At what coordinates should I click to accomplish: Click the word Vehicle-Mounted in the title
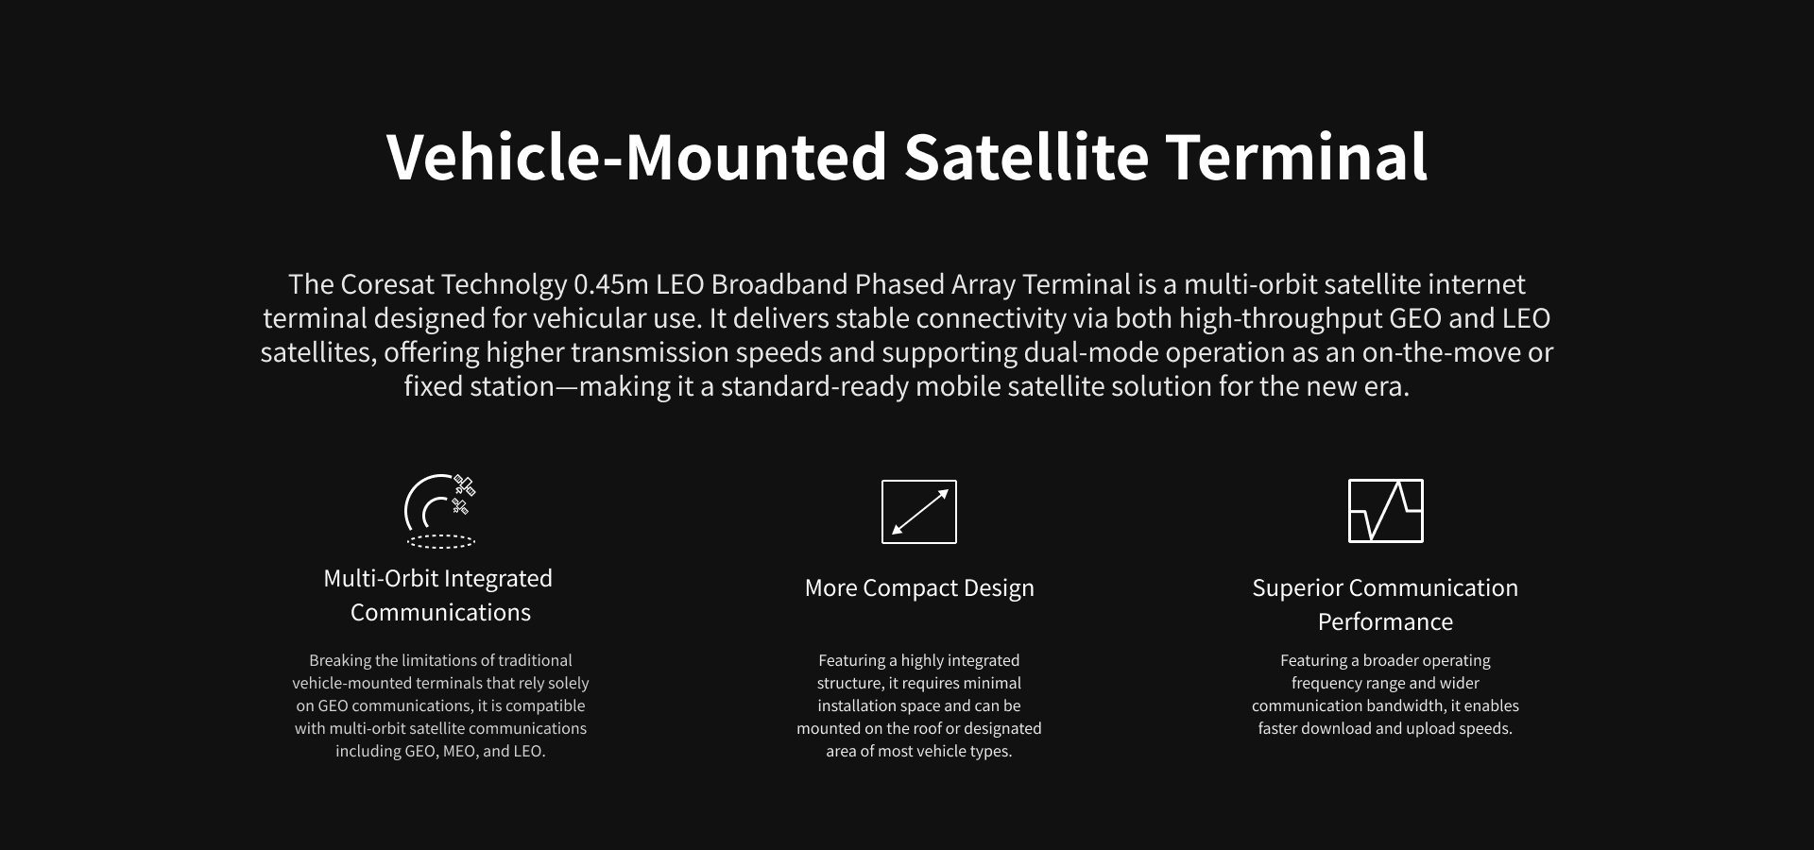(637, 157)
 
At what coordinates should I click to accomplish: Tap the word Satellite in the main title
(1026, 157)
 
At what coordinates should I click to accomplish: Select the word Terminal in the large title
(1296, 157)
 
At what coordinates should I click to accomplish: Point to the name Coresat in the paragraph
(387, 284)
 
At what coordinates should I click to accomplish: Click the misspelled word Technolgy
(505, 285)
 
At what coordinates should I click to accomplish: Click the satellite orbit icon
(440, 511)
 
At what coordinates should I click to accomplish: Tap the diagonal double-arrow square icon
(919, 512)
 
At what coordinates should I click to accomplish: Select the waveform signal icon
(1386, 511)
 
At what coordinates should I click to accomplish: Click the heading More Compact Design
(919, 588)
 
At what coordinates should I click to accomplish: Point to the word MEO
(460, 752)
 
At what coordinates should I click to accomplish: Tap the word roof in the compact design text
(928, 728)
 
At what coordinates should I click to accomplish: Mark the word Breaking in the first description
(340, 661)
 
